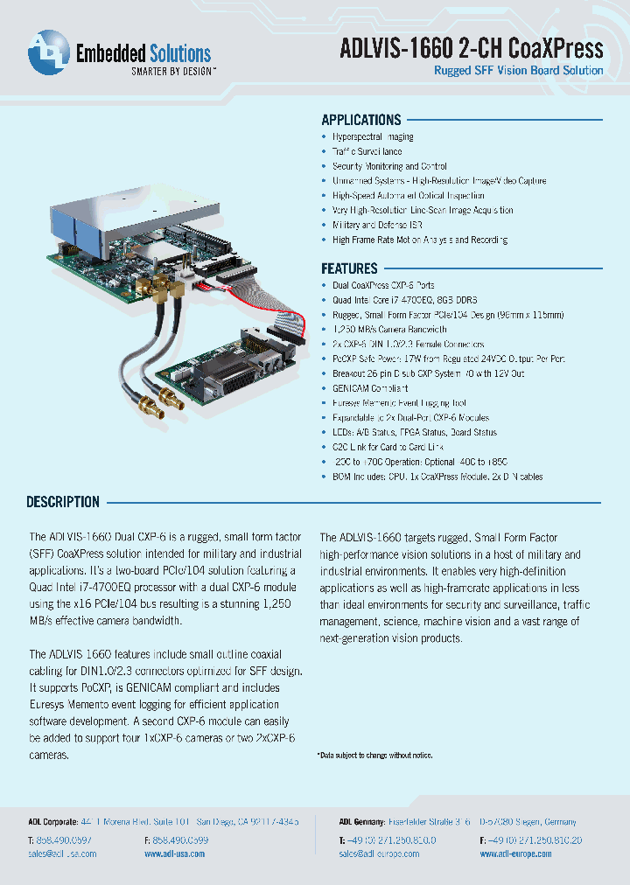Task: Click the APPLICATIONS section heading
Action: [x=360, y=120]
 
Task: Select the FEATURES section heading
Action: [x=349, y=268]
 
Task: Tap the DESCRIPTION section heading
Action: [x=63, y=502]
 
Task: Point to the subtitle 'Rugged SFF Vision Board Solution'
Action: [x=519, y=71]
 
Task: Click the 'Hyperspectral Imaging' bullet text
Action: [x=373, y=136]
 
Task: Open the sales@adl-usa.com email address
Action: [x=62, y=854]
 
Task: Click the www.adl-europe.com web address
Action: [x=515, y=854]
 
